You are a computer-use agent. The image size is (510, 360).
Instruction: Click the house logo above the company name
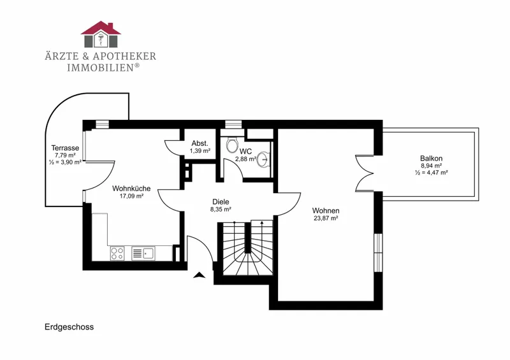point(101,34)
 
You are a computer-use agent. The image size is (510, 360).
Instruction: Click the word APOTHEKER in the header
point(124,56)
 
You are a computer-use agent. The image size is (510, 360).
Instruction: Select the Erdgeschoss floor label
point(69,327)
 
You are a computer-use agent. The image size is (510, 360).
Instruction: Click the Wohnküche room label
point(131,189)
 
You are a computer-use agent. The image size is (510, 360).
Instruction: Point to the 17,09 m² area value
point(132,196)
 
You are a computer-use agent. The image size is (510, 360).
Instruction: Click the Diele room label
point(221,202)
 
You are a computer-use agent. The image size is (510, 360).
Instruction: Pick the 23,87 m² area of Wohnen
point(326,218)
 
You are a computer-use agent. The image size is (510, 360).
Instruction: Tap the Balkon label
point(432,159)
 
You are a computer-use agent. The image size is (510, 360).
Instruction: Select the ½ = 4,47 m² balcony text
point(432,173)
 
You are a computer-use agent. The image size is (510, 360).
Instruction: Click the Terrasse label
point(65,148)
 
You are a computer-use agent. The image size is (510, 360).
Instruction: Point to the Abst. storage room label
point(200,143)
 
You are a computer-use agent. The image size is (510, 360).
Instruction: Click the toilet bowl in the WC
point(232,145)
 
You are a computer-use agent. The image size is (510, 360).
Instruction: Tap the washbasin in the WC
point(264,159)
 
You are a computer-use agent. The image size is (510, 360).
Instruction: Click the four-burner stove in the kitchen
point(117,254)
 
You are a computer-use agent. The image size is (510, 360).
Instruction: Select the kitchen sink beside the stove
point(143,254)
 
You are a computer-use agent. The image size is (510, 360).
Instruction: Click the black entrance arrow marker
point(200,275)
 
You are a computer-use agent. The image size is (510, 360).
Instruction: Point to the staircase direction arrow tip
point(262,222)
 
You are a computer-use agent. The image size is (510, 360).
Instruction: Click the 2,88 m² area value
point(245,159)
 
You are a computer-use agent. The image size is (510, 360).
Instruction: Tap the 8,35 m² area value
point(221,210)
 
